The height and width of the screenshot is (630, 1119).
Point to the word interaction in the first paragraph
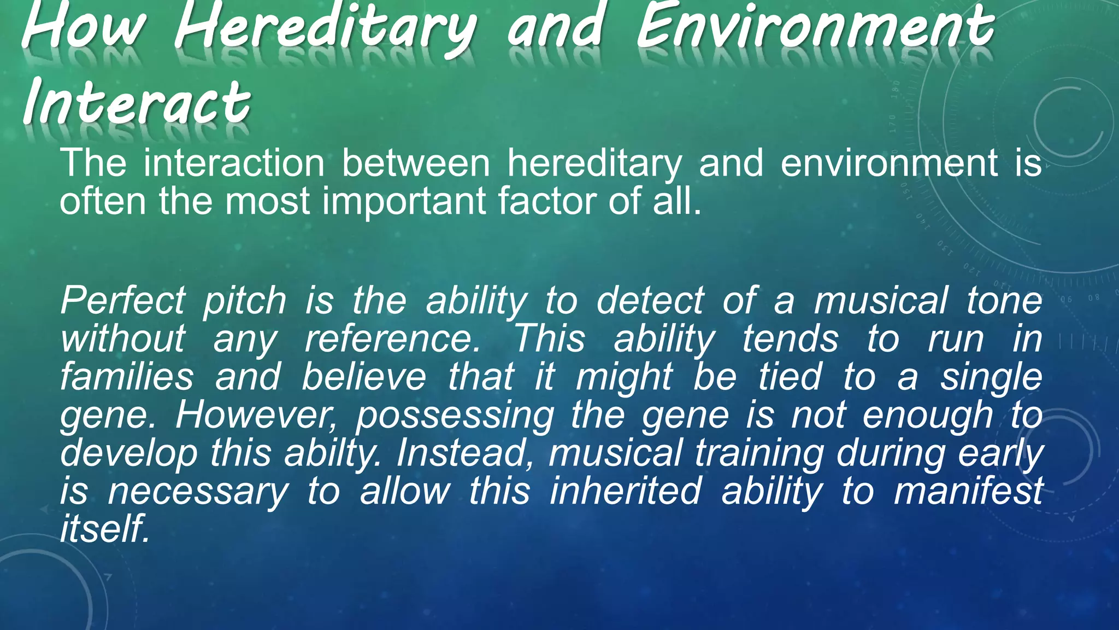[234, 163]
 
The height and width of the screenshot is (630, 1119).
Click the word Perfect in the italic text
[123, 301]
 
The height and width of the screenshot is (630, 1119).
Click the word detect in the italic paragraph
[650, 301]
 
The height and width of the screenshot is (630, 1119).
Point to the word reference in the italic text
[392, 339]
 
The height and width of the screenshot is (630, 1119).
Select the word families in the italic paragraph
[127, 377]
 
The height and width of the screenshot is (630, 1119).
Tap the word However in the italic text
[263, 415]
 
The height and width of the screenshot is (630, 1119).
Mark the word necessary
[197, 492]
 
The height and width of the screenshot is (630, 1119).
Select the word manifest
[968, 491]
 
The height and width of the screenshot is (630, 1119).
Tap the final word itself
[104, 529]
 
